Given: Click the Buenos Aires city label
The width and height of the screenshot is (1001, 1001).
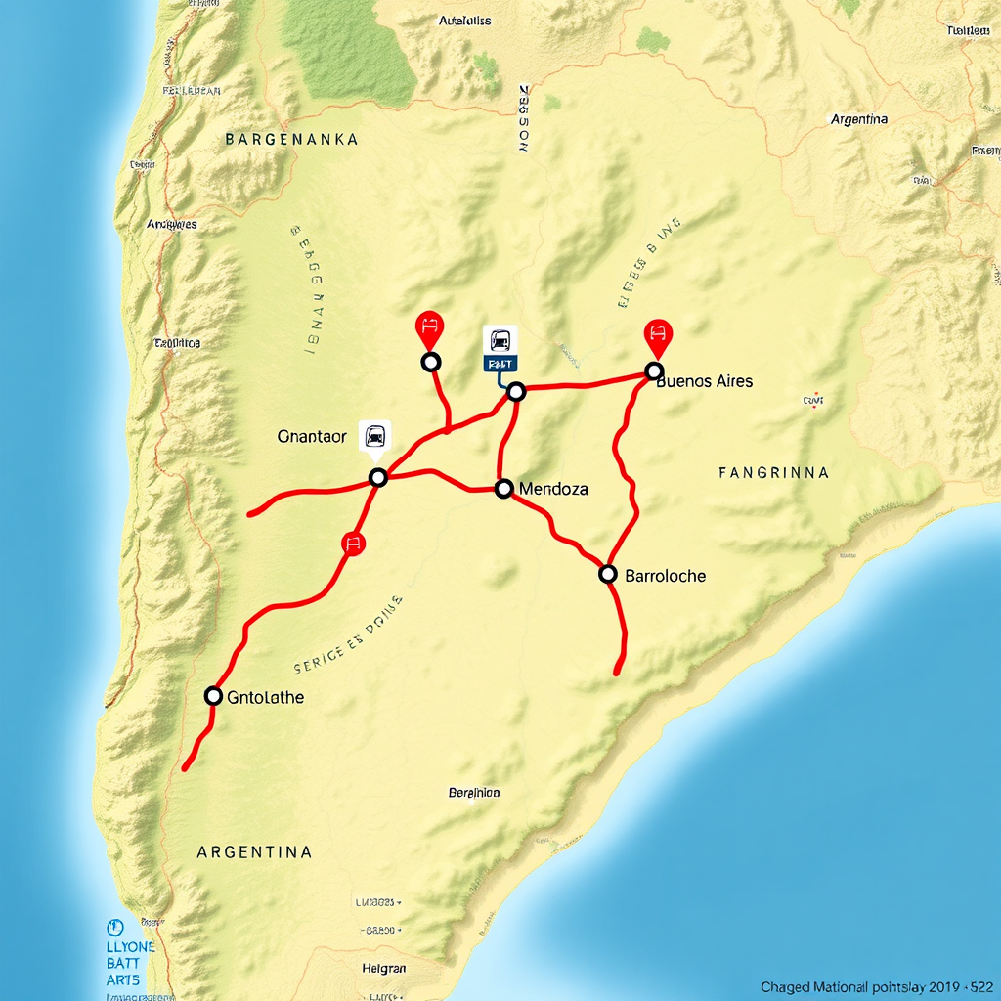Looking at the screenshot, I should (705, 381).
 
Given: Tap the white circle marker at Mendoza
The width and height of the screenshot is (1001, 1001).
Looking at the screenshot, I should (503, 488).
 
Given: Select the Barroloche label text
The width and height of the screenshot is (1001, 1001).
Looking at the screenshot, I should (665, 576).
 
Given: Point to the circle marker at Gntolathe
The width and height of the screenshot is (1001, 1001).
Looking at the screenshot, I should (213, 696).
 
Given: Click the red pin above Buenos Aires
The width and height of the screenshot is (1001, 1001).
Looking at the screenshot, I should (657, 335).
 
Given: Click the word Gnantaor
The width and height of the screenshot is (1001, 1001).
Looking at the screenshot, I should (312, 437).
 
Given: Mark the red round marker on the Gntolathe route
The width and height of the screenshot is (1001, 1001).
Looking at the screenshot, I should (353, 544).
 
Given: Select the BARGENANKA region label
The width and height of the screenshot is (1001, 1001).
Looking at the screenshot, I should (291, 140).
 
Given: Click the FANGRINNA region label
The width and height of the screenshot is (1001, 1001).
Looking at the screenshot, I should (773, 473).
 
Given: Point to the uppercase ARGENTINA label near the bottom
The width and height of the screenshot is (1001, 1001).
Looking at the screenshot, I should (254, 852).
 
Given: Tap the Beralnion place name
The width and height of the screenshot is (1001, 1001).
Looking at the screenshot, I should (473, 793).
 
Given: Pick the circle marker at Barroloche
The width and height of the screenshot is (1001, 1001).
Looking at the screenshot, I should (607, 574).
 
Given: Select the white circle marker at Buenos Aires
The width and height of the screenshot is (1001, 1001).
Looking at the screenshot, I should (654, 371).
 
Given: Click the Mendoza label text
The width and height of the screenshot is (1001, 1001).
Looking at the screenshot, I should (553, 488).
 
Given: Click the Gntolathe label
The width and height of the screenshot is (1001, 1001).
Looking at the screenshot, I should (265, 697).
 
